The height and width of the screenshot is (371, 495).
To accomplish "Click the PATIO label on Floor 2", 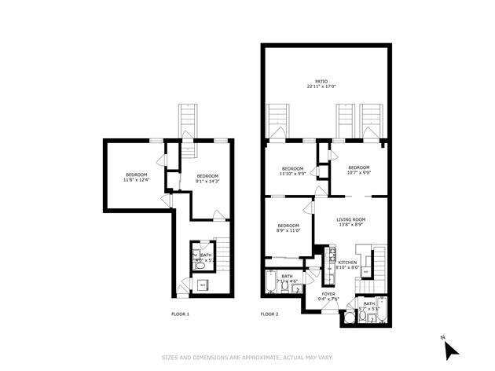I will coord(321,81).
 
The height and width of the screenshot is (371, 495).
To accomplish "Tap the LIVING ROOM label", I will coord(350,219).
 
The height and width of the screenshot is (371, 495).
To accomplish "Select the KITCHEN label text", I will coord(348,262).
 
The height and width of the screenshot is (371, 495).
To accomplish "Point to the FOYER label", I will coord(328,294).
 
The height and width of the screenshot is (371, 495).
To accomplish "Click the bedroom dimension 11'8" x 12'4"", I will coord(136,180).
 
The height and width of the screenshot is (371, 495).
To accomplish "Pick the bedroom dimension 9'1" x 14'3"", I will coord(207,182).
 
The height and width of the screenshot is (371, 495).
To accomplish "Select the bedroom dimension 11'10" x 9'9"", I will coord(292,174).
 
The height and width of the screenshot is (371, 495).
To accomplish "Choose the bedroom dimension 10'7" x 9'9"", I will coord(358,172).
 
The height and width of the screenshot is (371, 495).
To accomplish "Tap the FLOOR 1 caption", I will coord(180,314).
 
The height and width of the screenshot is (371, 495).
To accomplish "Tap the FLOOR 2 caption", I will coord(269,314).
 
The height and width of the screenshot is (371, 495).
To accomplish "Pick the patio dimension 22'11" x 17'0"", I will coord(321,86).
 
